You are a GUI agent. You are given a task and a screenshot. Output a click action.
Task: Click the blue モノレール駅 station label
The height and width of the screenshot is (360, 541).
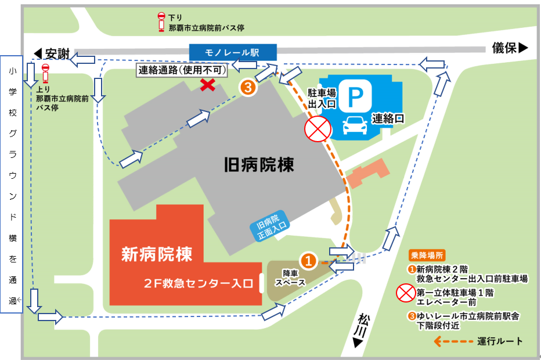point(232,52)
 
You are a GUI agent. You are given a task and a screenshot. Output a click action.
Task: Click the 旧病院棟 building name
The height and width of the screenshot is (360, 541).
point(259,165)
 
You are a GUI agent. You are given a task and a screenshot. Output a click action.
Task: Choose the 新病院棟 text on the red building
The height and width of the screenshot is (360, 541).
point(156,254)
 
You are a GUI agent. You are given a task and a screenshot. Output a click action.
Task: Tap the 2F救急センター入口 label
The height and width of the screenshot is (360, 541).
point(199,284)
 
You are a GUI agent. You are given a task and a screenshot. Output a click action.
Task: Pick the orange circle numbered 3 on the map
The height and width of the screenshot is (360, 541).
point(247,88)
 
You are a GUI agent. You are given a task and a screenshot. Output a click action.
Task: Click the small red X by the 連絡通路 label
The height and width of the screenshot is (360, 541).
point(206,85)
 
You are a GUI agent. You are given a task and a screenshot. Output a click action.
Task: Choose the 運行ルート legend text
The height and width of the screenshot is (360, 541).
point(500,341)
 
